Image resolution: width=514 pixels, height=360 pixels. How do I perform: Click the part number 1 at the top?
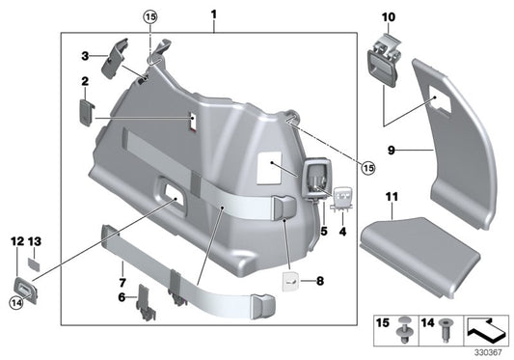213,15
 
